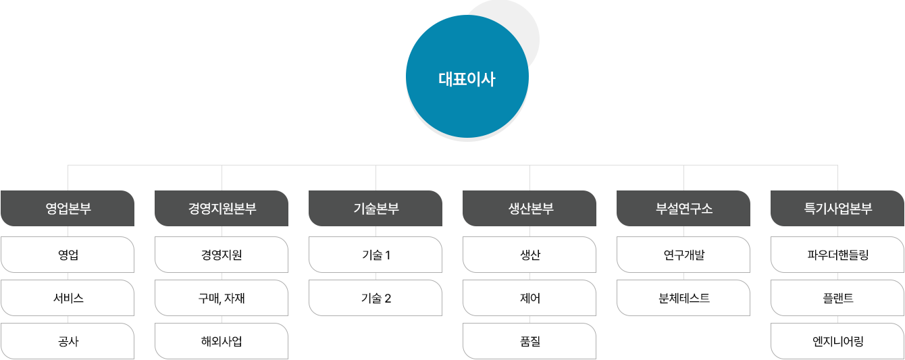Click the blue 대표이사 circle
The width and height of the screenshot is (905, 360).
[467, 76]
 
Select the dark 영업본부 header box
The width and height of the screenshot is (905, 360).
[68, 208]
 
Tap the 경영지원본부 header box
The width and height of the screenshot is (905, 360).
[222, 208]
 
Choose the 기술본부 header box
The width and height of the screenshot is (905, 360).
[376, 208]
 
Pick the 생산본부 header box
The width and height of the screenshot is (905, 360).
[529, 208]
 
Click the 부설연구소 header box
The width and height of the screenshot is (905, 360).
[683, 208]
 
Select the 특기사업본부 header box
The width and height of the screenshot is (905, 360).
[837, 208]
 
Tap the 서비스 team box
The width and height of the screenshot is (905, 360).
[68, 298]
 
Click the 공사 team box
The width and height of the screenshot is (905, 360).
[68, 341]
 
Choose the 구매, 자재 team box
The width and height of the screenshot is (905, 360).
[222, 298]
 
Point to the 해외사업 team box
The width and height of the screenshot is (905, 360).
[222, 341]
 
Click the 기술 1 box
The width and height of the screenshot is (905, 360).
[376, 255]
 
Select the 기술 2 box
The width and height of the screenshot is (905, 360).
[376, 298]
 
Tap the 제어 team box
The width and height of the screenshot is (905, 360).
[529, 298]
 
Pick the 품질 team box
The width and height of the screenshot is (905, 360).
[529, 341]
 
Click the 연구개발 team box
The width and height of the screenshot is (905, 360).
[683, 255]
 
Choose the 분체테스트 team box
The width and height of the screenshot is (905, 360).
[683, 298]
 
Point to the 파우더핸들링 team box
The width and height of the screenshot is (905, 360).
[837, 255]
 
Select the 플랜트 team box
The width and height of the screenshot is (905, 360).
[837, 298]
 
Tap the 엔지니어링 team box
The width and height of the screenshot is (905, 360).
[837, 341]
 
